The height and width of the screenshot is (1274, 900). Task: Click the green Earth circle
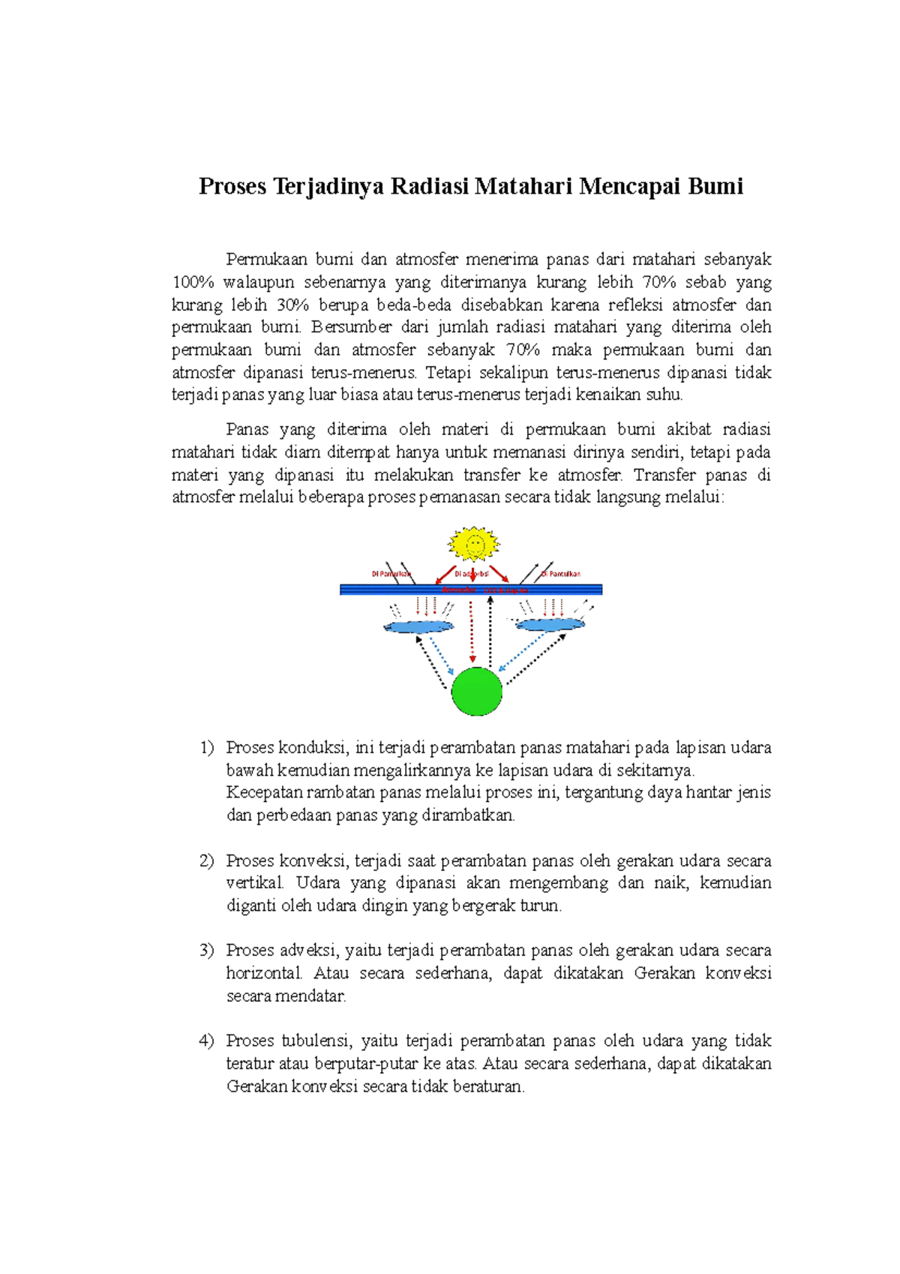coord(477,691)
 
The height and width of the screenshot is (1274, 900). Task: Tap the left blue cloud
coord(418,626)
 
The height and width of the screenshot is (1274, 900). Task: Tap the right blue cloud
coord(550,624)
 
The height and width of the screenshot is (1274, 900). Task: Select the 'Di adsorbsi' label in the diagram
coord(472,574)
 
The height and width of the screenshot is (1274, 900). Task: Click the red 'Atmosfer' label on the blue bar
coord(459,590)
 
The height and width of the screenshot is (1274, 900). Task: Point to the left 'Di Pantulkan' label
coord(391,574)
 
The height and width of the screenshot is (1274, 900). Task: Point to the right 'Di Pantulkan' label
coord(562,574)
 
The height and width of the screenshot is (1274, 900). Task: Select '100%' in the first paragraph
coord(193,282)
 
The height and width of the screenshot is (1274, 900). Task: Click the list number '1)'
coord(207,747)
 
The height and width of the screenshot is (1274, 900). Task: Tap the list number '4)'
coord(207,1041)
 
